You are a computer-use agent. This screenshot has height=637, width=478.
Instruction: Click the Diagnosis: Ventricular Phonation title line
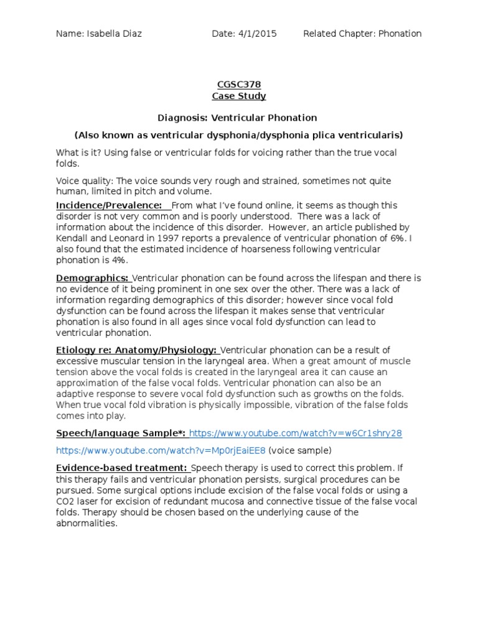point(238,118)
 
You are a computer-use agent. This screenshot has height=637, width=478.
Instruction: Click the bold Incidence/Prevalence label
point(109,205)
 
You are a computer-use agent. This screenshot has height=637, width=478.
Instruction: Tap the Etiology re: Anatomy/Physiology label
point(136,350)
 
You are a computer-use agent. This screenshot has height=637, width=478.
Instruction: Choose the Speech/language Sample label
point(121,433)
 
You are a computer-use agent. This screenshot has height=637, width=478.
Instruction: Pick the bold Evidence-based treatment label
point(121,468)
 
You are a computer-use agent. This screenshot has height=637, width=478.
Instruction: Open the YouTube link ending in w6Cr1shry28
point(296,433)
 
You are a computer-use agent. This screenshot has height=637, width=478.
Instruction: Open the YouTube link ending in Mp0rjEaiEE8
point(161,450)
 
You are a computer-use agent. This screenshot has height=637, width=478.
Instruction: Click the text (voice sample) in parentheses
point(300,450)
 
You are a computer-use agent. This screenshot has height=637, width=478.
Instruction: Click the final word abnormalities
point(86,523)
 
